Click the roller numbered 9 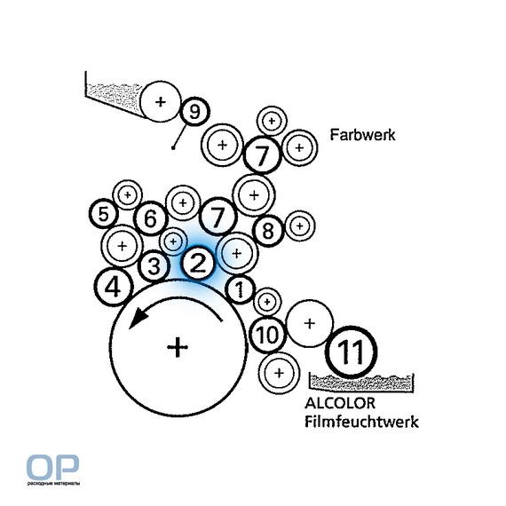pyautogui.click(x=194, y=112)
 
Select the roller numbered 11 pyautogui.click(x=352, y=352)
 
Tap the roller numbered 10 pyautogui.click(x=267, y=335)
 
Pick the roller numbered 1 pyautogui.click(x=240, y=289)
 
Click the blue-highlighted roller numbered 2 pyautogui.click(x=199, y=263)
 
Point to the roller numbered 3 pyautogui.click(x=154, y=266)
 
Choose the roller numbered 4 pyautogui.click(x=114, y=287)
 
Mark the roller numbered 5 pyautogui.click(x=103, y=214)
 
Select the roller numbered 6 pyautogui.click(x=151, y=218)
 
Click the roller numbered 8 pyautogui.click(x=268, y=231)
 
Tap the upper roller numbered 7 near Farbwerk pyautogui.click(x=262, y=155)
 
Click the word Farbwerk pyautogui.click(x=362, y=134)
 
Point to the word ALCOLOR pyautogui.click(x=340, y=403)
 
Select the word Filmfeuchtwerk pyautogui.click(x=362, y=422)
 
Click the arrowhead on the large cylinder pyautogui.click(x=137, y=318)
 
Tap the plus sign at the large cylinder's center pyautogui.click(x=178, y=347)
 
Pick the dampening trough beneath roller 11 pyautogui.click(x=362, y=383)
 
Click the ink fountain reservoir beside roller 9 pyautogui.click(x=115, y=97)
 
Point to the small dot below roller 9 pyautogui.click(x=173, y=147)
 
